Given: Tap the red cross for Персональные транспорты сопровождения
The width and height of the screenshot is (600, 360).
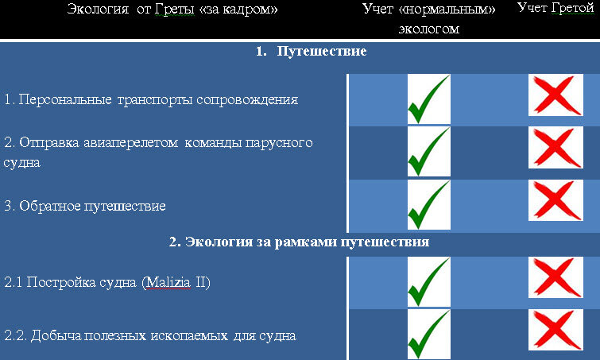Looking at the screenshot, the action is tap(555, 95).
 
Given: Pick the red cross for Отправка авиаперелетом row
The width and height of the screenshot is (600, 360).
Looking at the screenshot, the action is tap(555, 148).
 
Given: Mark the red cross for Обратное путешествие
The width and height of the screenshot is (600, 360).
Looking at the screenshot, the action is tap(555, 200).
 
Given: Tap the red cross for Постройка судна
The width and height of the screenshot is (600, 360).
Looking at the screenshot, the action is tap(555, 277).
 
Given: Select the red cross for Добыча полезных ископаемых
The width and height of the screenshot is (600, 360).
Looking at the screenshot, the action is tap(555, 330).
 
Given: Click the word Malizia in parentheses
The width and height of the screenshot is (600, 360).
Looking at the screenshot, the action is tap(168, 283).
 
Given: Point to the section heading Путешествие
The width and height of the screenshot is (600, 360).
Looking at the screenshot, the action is tap(322, 52).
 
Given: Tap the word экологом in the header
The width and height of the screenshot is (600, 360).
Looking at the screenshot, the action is tap(428, 29).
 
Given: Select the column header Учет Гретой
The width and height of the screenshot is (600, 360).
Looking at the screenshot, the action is tap(555, 8).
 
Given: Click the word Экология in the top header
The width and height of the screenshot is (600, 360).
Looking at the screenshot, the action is tap(98, 10).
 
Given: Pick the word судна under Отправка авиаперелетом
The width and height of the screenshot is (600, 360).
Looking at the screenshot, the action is tap(22, 163).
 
